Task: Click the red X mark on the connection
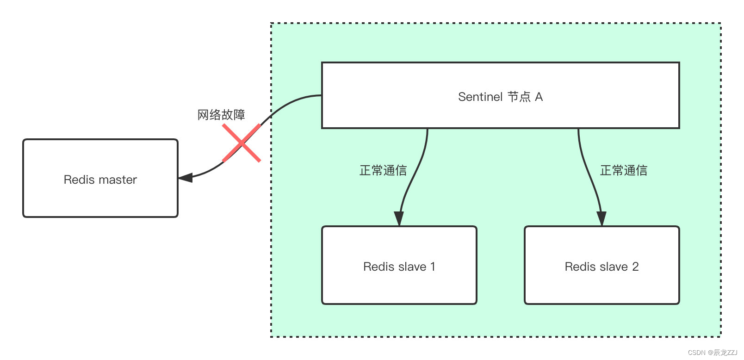click(242, 143)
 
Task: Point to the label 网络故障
click(221, 115)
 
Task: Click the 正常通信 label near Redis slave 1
click(383, 170)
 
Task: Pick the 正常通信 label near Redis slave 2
click(623, 170)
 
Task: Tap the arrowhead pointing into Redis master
click(185, 178)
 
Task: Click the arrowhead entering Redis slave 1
click(399, 218)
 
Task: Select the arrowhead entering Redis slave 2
click(601, 218)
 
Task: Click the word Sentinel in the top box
click(480, 97)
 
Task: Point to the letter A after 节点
click(539, 97)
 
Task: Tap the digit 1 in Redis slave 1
click(433, 267)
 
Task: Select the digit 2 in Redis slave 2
click(635, 267)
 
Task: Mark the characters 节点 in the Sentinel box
click(519, 97)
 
